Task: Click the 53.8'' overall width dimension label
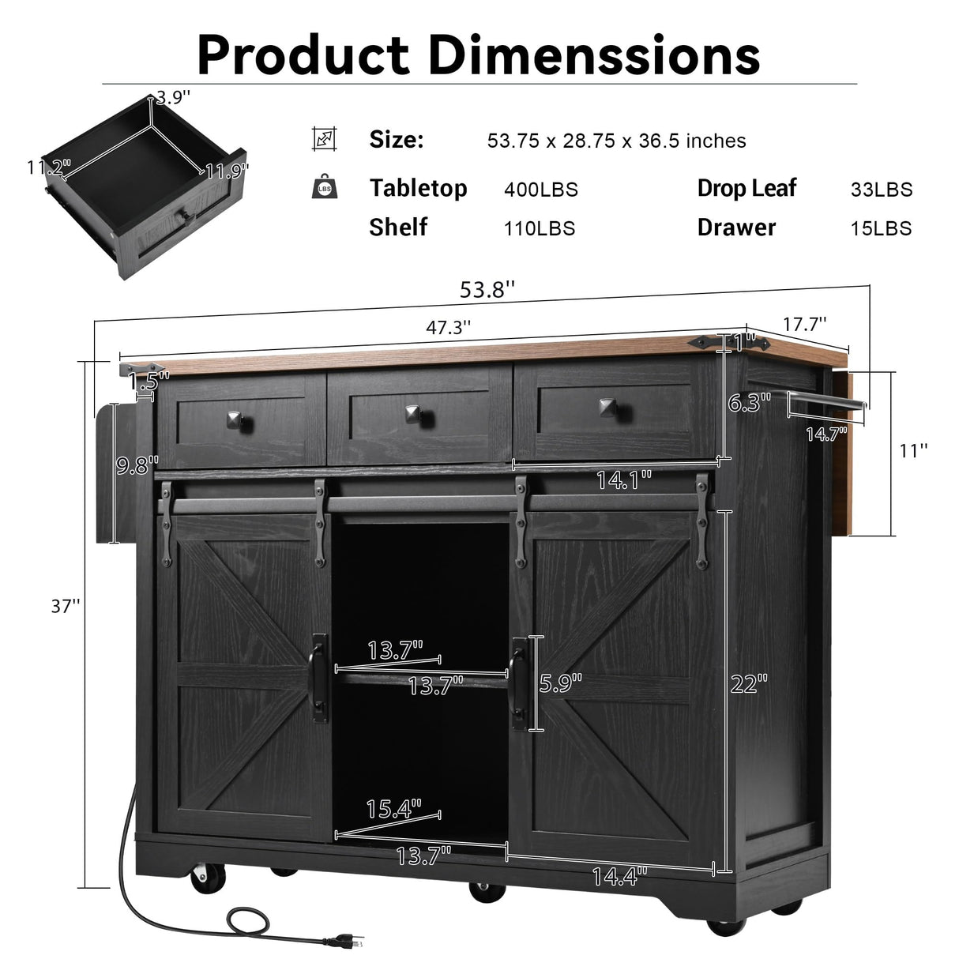point(487,290)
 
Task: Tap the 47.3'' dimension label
point(449,327)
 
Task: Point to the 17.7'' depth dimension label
point(805,323)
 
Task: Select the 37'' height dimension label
point(66,606)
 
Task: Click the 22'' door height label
point(748,683)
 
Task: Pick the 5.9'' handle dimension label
point(561,683)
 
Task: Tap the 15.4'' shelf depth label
point(393,808)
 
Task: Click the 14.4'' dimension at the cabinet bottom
point(619,874)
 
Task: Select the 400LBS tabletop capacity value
point(540,190)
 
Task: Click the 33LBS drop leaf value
point(881,190)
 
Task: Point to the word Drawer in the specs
point(736,228)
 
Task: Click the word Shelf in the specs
point(398,228)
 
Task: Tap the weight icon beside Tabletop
point(324,186)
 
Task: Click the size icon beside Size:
point(324,139)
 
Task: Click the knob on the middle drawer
point(411,412)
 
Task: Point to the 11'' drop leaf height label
point(913,451)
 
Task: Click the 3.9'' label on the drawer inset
point(172,98)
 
